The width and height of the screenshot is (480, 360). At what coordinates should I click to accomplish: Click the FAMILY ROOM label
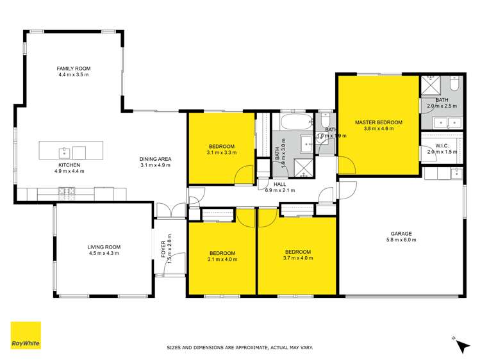coord(74,69)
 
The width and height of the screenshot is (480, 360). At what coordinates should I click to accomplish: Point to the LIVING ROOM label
coord(104,247)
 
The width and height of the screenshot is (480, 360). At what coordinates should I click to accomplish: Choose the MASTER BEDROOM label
coord(379,122)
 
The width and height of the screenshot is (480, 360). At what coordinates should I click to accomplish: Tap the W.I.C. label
coord(442,145)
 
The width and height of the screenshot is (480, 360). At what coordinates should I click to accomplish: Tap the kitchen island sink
coord(64,152)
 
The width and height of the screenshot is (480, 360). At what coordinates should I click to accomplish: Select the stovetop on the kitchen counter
coord(67,190)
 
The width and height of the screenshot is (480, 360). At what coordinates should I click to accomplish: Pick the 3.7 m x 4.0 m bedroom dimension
coord(298,258)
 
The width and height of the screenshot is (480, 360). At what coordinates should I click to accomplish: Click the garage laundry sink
coord(455,172)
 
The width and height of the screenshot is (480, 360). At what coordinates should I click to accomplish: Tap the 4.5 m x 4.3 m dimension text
coord(104,254)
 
